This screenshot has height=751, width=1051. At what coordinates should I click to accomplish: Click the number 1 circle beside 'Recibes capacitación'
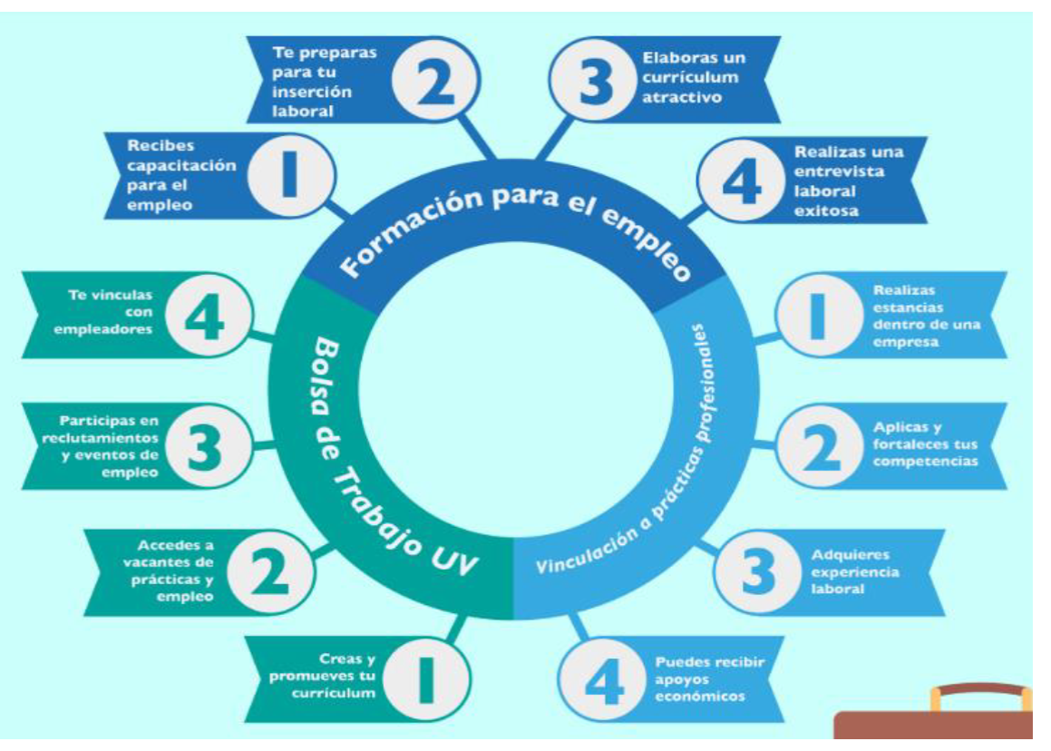(290, 175)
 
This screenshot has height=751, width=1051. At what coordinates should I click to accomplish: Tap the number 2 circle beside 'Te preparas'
(436, 80)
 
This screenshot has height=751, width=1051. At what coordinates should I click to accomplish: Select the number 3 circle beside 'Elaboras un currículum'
(592, 80)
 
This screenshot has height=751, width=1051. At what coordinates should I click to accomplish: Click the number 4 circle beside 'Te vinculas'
(208, 315)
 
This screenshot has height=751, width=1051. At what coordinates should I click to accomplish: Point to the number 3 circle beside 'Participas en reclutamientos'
(208, 446)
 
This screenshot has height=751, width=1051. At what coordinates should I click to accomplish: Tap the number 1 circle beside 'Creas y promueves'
(425, 678)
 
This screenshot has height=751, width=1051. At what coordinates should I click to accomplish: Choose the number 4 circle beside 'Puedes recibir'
(603, 678)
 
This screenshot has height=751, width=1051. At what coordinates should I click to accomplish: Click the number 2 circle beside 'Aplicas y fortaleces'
(819, 446)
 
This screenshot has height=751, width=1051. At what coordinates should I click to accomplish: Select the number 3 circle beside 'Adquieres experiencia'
(757, 572)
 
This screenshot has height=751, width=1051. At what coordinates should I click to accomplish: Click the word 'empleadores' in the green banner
(103, 329)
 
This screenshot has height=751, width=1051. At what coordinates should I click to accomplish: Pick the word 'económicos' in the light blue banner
(700, 696)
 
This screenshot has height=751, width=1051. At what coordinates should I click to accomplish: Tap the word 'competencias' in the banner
(925, 462)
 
